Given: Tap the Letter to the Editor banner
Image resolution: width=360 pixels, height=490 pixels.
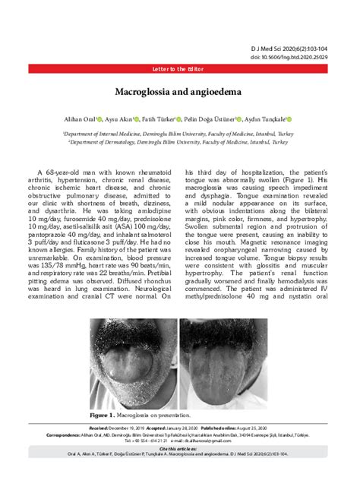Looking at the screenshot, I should (x=179, y=60).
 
